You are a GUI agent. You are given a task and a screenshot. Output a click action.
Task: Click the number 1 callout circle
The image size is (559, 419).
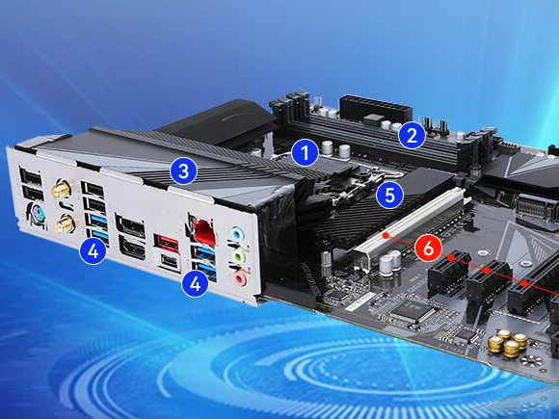pos(305,151)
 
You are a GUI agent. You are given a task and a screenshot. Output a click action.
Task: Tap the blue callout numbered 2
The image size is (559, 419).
pos(412,135)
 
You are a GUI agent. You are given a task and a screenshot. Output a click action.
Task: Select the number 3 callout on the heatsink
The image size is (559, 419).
pos(183,171)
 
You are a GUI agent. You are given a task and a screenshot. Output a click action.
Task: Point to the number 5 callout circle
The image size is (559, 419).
pos(389,196)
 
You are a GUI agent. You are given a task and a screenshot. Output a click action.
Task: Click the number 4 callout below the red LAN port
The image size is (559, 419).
pos(196,283)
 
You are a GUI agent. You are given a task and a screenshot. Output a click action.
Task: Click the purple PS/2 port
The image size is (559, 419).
pos(32,216)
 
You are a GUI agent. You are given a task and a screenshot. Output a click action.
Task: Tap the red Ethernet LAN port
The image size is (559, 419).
pos(203,230)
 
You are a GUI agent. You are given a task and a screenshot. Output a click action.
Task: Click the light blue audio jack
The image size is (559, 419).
pos(237,235)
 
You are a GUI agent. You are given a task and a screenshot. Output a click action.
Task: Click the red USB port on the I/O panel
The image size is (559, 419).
pos(168,241)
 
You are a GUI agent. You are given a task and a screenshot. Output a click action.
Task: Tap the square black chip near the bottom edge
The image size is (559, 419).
pos(416,313)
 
